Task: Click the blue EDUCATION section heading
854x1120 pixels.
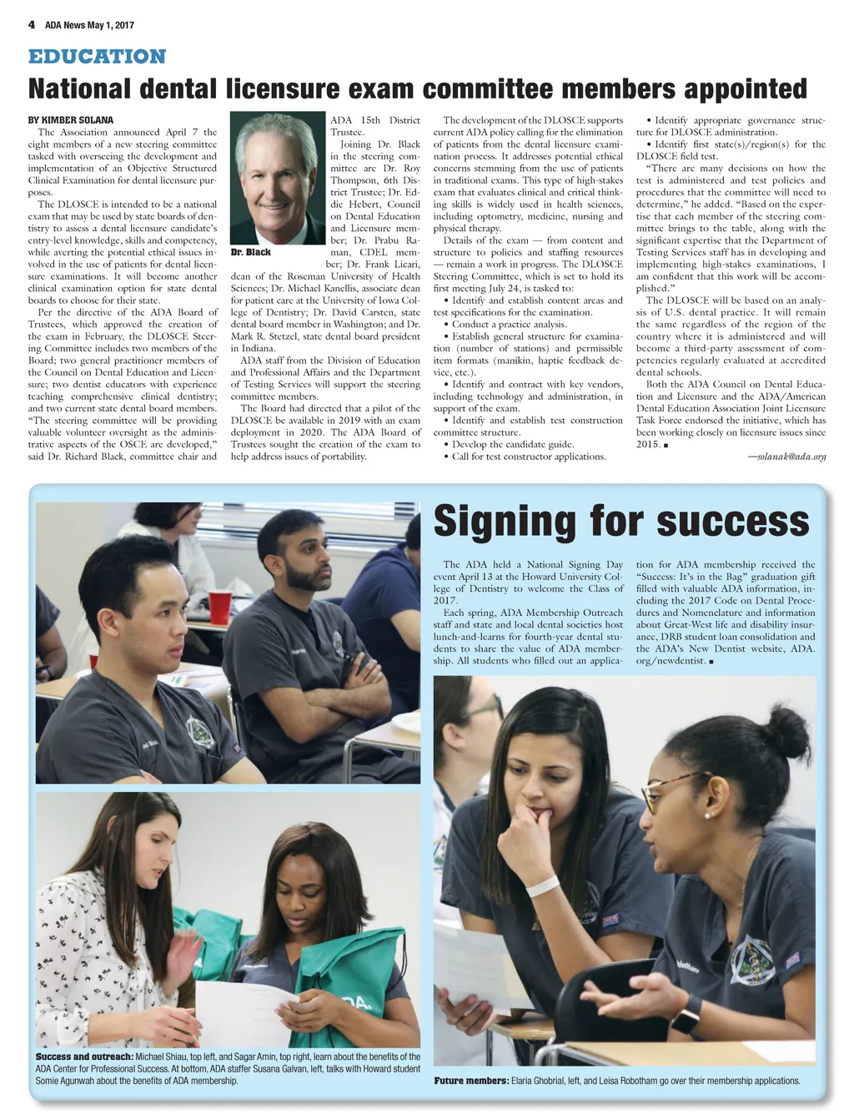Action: coord(97,57)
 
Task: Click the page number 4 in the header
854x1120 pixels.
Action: coord(32,24)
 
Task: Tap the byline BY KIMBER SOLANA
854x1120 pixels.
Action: coord(71,120)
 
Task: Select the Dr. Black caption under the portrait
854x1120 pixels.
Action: coord(250,252)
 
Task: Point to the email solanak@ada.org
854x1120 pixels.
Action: coord(786,457)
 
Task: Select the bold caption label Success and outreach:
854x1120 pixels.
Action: coord(84,1057)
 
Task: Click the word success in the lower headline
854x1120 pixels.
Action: coord(733,522)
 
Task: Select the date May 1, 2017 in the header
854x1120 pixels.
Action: coord(110,25)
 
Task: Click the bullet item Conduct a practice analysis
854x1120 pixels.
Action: coord(509,325)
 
